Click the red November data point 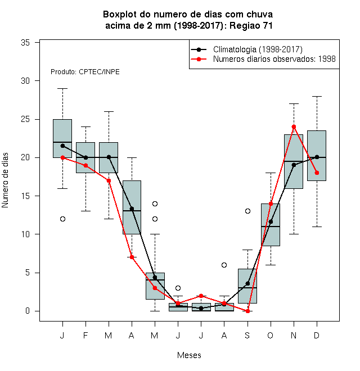coord(294,127)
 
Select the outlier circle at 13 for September coord(247,211)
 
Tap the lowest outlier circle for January coord(62,219)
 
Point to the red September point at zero coord(247,311)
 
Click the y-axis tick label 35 coord(25,43)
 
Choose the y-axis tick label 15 coord(25,196)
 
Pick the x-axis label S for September coord(247,335)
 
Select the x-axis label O coord(270,335)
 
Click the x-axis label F coord(85,335)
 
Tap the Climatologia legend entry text coord(258,49)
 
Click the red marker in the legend coord(199,59)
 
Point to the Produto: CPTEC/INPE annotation coord(85,72)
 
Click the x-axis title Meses coord(189,355)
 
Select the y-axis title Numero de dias coord(5,180)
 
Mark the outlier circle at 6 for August coord(224,265)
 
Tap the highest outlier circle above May coord(155,203)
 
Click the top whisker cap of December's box coord(317,97)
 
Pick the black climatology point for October coord(271,221)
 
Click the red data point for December coord(317,173)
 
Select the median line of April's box coord(132,211)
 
